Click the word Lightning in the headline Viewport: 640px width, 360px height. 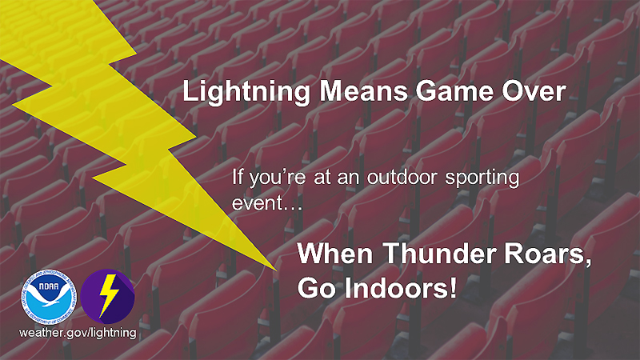click(246, 93)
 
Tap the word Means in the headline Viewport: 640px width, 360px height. click(363, 91)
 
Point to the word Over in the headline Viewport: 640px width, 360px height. click(534, 91)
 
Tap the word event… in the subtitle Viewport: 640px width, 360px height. click(267, 203)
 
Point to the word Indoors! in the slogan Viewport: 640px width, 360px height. click(401, 288)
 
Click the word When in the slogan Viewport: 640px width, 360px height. click(335, 254)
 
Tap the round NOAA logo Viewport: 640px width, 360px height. click(49, 297)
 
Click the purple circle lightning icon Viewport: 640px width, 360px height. click(108, 297)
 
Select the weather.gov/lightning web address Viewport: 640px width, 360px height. click(78, 333)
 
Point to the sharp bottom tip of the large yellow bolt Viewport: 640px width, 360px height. click(277, 270)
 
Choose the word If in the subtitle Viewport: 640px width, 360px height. click(237, 177)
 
